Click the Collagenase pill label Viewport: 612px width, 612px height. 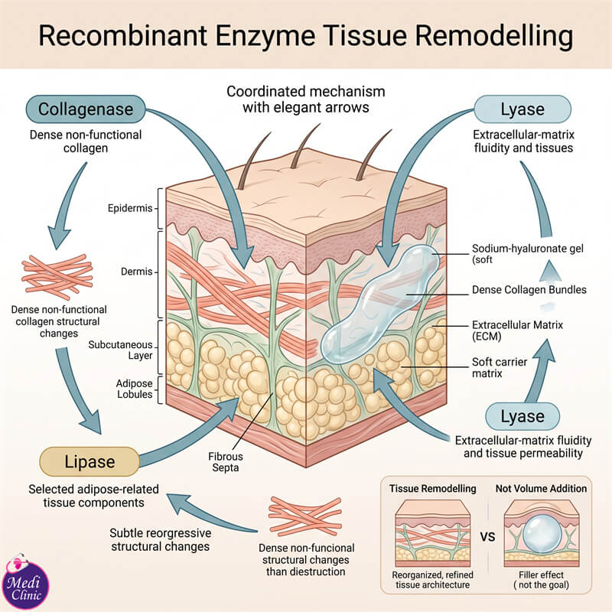pyautogui.click(x=86, y=109)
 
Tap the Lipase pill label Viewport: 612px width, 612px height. pyautogui.click(x=90, y=461)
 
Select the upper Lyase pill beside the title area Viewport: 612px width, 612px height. pyautogui.click(x=522, y=109)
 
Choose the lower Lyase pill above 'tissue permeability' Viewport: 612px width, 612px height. pyautogui.click(x=522, y=416)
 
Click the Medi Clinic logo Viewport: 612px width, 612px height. pyautogui.click(x=26, y=583)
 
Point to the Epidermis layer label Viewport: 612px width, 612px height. pyautogui.click(x=130, y=208)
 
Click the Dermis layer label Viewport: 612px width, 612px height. pyautogui.click(x=136, y=272)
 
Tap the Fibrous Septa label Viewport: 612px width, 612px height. pyautogui.click(x=225, y=462)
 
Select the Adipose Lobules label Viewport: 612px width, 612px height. pyautogui.click(x=135, y=389)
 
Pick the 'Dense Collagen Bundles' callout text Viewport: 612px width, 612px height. pyautogui.click(x=529, y=290)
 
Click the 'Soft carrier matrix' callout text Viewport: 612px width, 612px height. pyautogui.click(x=500, y=368)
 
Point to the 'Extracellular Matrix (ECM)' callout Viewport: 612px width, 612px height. pyautogui.click(x=517, y=330)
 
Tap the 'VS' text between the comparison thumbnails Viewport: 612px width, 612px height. pyautogui.click(x=487, y=537)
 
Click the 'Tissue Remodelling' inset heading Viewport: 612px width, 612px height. pyautogui.click(x=432, y=489)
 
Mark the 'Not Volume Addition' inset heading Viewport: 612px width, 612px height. pyautogui.click(x=541, y=489)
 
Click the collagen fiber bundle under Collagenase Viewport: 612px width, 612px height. pyautogui.click(x=57, y=277)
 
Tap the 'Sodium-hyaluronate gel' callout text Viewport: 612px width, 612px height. pyautogui.click(x=528, y=249)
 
